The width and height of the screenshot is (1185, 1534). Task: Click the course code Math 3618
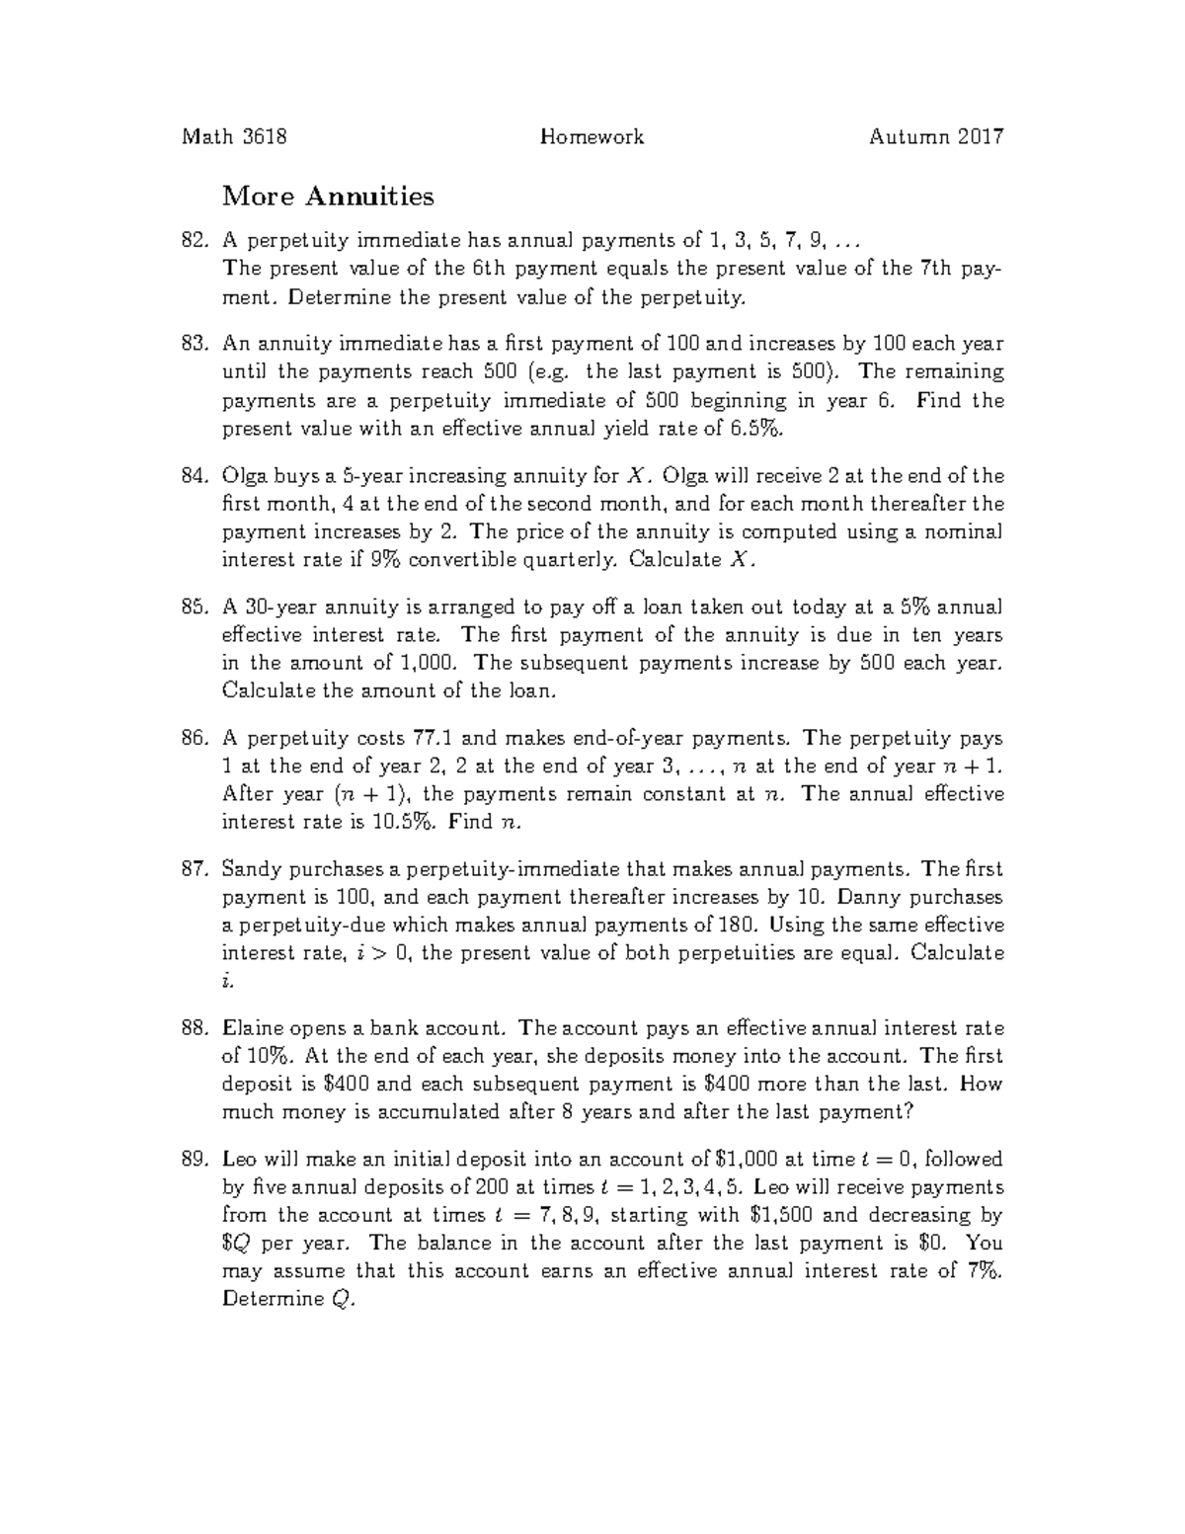[234, 137]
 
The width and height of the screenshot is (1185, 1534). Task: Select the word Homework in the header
[592, 137]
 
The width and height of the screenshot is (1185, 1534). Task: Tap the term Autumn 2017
[935, 137]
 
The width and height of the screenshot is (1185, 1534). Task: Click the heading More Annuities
[328, 197]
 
